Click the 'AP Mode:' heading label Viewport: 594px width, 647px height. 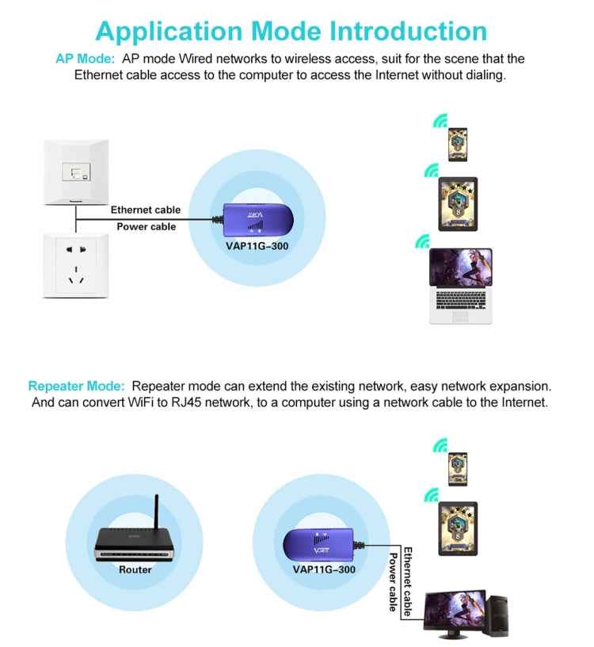pos(85,59)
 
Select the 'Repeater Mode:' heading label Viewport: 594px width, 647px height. pos(77,387)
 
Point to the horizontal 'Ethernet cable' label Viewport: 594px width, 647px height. pos(146,210)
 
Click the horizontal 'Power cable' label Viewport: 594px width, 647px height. pos(147,226)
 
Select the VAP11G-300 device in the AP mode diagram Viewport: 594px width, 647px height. pos(254,220)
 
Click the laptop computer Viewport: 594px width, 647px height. pos(461,286)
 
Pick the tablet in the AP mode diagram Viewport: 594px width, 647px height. pos(458,203)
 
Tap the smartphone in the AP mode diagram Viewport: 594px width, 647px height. pos(458,144)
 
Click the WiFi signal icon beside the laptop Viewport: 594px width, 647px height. pos(423,241)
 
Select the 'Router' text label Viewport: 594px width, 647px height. pos(135,569)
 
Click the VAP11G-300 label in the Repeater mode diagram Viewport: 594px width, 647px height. pos(324,569)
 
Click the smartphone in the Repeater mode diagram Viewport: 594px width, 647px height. pos(457,468)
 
